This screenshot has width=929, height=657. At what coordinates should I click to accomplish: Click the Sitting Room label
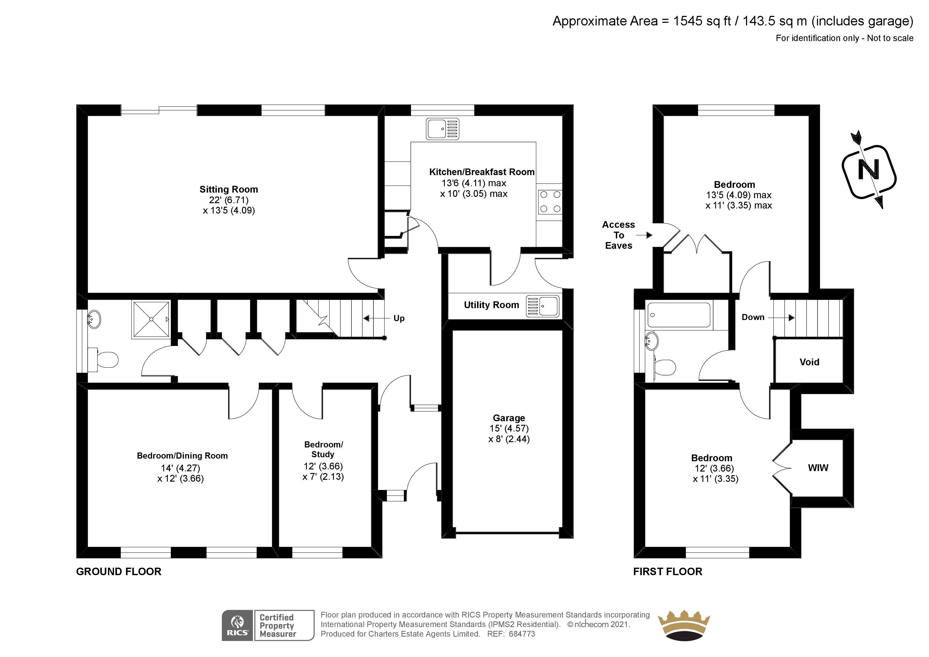coord(229,189)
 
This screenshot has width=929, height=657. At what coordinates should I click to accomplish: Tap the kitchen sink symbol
coord(442,129)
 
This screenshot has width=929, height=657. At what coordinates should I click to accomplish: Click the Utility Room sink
coord(543,306)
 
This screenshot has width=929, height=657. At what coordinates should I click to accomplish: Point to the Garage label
coord(509,418)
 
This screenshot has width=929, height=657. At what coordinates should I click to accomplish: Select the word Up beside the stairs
coord(399,319)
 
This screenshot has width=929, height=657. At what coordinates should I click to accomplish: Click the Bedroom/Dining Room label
coord(182,456)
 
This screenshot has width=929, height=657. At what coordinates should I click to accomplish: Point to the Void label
coord(809,362)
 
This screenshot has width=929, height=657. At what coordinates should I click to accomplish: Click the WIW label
coord(818,468)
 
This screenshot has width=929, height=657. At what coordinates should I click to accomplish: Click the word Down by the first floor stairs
coord(753,317)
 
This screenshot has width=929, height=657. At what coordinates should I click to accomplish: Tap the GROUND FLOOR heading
coord(119,572)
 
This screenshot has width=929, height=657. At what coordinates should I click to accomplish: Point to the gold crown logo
coord(684,625)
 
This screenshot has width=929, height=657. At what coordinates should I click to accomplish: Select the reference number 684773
coord(522,634)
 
